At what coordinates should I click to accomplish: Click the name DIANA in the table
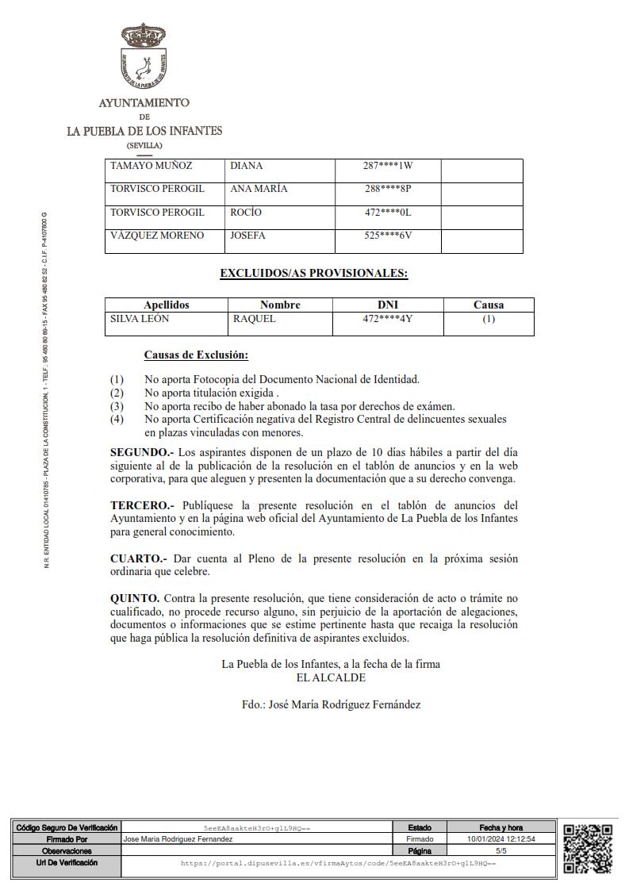pyautogui.click(x=246, y=166)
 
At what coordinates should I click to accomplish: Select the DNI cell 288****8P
pyautogui.click(x=388, y=189)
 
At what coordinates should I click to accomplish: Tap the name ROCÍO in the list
pyautogui.click(x=245, y=213)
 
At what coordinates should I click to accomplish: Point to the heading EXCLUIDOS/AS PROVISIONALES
pyautogui.click(x=313, y=274)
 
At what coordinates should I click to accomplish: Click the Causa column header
pyautogui.click(x=489, y=305)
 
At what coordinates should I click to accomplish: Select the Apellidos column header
pyautogui.click(x=167, y=305)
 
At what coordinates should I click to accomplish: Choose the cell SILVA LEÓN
pyautogui.click(x=140, y=319)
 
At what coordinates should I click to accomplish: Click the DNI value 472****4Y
pyautogui.click(x=388, y=319)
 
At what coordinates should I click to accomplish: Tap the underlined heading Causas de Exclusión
pyautogui.click(x=196, y=355)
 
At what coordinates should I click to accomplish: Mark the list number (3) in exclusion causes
pyautogui.click(x=117, y=406)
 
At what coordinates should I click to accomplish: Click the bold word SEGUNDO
pyautogui.click(x=138, y=452)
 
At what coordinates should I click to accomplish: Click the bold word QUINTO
pyautogui.click(x=135, y=597)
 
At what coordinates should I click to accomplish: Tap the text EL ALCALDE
pyautogui.click(x=331, y=677)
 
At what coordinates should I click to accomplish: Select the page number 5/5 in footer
pyautogui.click(x=501, y=850)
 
